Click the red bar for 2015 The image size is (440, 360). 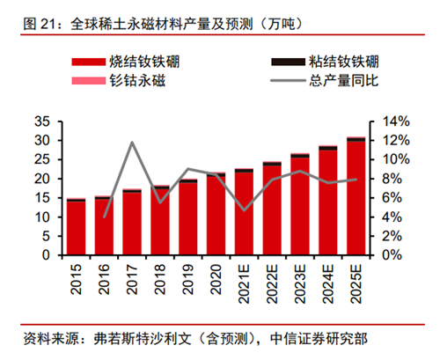76,227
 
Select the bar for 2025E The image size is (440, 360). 356,197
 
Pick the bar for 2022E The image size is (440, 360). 272,209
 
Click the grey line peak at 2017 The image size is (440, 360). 132,143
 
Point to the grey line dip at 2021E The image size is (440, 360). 244,209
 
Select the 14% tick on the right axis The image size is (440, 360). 393,120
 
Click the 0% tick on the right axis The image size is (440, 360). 390,255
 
